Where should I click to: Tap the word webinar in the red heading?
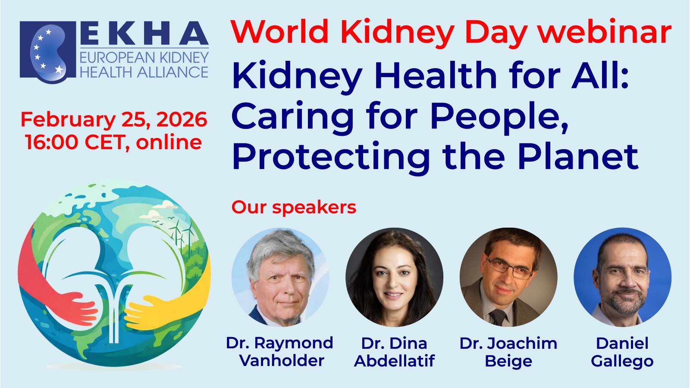605,31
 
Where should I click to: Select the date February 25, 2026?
114,120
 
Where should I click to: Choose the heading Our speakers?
294,207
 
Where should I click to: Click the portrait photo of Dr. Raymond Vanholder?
280,277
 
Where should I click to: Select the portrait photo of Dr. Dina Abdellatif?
395,277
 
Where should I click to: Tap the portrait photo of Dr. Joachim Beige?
508,277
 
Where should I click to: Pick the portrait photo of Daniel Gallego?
623,277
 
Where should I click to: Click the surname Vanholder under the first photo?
282,360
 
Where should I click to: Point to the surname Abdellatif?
395,360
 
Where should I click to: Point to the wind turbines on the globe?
182,234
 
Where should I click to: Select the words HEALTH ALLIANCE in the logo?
144,72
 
